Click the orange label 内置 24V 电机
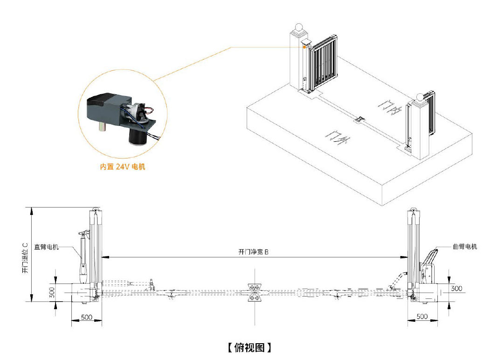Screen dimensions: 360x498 point(123,166)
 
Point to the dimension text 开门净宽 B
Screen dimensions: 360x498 point(254,252)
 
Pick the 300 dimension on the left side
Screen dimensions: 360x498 point(51,292)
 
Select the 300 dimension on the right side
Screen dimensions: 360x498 point(456,289)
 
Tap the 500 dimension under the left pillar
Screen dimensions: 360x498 point(85,317)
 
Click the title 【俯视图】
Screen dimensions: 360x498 point(249,347)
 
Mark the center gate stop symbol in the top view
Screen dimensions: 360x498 point(254,292)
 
